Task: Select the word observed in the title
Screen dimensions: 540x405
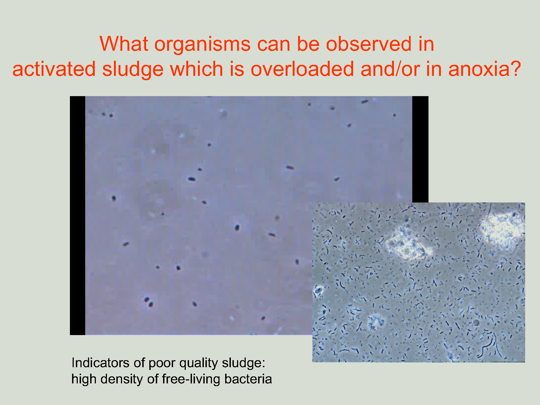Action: tap(369, 44)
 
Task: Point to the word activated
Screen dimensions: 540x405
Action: tap(54, 69)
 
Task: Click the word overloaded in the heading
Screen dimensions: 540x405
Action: tap(302, 69)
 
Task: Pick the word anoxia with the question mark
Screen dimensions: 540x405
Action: tap(484, 69)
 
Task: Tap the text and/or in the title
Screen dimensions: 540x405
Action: tap(390, 69)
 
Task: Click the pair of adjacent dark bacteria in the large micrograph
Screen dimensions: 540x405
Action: tap(149, 302)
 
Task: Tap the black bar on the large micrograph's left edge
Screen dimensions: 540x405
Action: tap(77, 215)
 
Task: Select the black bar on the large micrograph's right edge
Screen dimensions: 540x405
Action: tap(420, 149)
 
